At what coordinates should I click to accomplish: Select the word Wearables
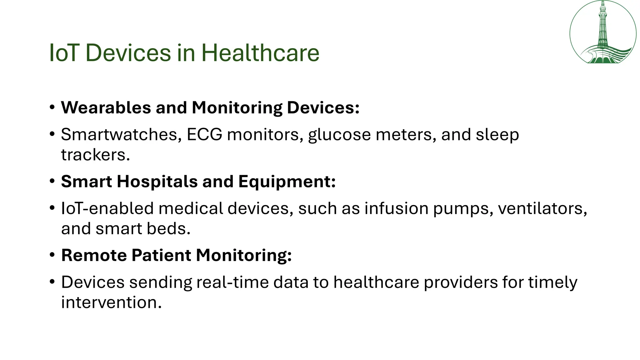pyautogui.click(x=106, y=108)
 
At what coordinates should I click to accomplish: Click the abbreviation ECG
pyautogui.click(x=204, y=135)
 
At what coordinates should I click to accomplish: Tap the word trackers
pyautogui.click(x=95, y=155)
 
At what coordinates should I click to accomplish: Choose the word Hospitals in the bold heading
pyautogui.click(x=157, y=182)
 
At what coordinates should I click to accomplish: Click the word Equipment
pyautogui.click(x=287, y=182)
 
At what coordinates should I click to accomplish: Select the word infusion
pyautogui.click(x=396, y=208)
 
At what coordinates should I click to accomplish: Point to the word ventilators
pyautogui.click(x=542, y=208)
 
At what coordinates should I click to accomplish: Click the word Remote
pyautogui.click(x=94, y=255)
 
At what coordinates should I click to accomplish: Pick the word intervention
pyautogui.click(x=111, y=302)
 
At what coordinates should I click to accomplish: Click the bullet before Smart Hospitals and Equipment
pyautogui.click(x=52, y=182)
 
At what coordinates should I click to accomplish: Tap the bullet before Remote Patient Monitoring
pyautogui.click(x=52, y=255)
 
